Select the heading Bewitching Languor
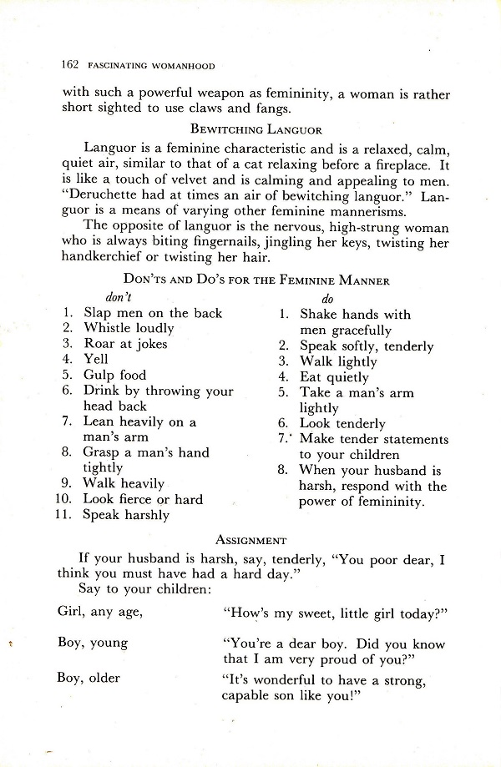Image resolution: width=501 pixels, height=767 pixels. point(251,129)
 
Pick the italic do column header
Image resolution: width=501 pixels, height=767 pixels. point(328,298)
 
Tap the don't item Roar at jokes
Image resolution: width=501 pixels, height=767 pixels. point(125,344)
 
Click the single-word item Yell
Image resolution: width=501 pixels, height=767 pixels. point(96,360)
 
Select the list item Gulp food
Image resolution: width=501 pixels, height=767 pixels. point(114,376)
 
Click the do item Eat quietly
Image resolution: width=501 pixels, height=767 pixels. point(334,377)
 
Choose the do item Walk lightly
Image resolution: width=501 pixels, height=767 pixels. point(338,361)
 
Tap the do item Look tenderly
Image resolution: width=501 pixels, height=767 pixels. point(342,424)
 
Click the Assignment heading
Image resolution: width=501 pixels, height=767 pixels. point(250,540)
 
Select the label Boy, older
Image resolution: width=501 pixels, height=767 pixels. point(89,678)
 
